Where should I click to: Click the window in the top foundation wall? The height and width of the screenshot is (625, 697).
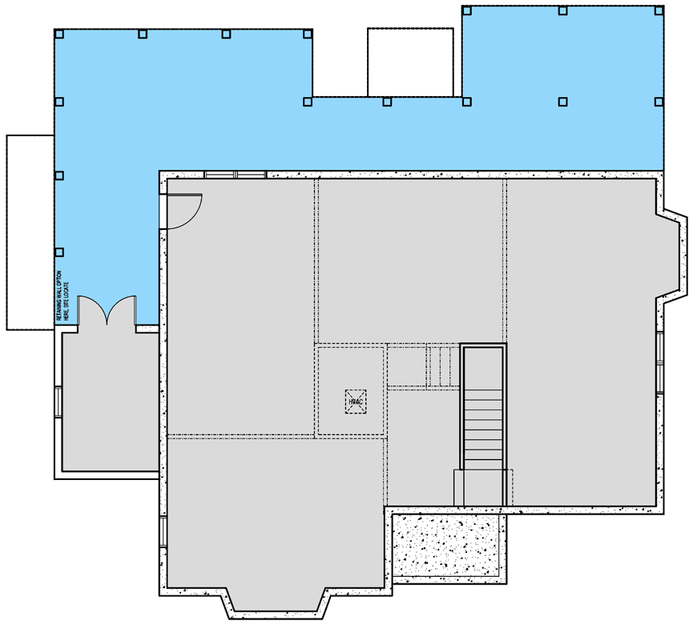(234, 175)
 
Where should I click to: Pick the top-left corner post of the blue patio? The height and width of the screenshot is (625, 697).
(58, 34)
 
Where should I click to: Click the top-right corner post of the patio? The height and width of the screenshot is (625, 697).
(659, 11)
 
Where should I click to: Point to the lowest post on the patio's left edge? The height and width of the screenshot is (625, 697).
(58, 252)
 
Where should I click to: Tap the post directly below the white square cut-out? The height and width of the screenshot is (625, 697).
(387, 102)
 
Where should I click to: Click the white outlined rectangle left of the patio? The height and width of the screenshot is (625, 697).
(30, 232)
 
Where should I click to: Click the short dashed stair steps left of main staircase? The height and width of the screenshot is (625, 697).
(443, 367)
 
